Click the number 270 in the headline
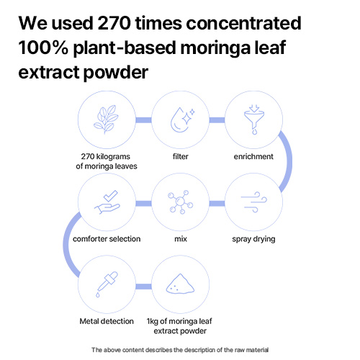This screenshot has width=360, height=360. (x=114, y=23)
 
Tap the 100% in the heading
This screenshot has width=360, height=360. (x=43, y=48)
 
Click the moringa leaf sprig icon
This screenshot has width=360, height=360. (x=106, y=120)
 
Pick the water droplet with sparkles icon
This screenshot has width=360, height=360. (x=182, y=120)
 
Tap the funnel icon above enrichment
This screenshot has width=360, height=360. (x=254, y=120)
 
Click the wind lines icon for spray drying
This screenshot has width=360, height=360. (x=254, y=202)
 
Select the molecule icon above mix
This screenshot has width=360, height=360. (x=181, y=202)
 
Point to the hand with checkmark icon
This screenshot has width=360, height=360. (x=107, y=202)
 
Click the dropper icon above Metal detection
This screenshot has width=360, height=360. (x=107, y=284)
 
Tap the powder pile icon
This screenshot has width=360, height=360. (x=180, y=284)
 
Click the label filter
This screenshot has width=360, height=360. (x=181, y=156)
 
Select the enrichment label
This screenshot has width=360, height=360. (x=253, y=156)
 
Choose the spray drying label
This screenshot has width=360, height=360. (x=253, y=239)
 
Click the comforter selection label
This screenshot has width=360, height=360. (x=107, y=239)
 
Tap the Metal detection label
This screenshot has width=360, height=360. (x=107, y=321)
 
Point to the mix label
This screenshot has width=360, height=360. (x=181, y=239)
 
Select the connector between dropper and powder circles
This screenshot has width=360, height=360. (x=143, y=287)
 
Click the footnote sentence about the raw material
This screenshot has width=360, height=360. (x=180, y=350)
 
